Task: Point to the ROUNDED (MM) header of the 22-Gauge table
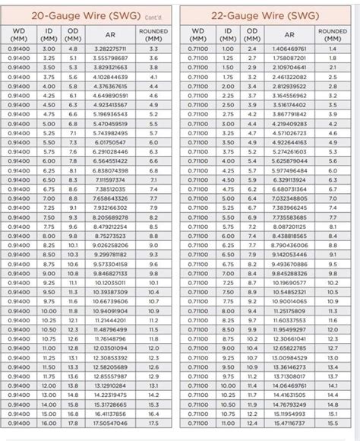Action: (x=333, y=33)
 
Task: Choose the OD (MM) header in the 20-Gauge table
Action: (x=73, y=33)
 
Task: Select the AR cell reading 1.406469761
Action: (x=289, y=48)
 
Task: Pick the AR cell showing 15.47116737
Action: (x=289, y=424)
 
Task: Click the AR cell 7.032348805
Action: (x=289, y=198)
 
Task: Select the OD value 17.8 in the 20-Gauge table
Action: (x=73, y=424)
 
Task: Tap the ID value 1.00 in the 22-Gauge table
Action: (x=228, y=48)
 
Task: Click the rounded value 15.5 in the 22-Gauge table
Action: (x=333, y=424)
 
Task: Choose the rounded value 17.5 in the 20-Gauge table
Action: (x=153, y=424)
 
